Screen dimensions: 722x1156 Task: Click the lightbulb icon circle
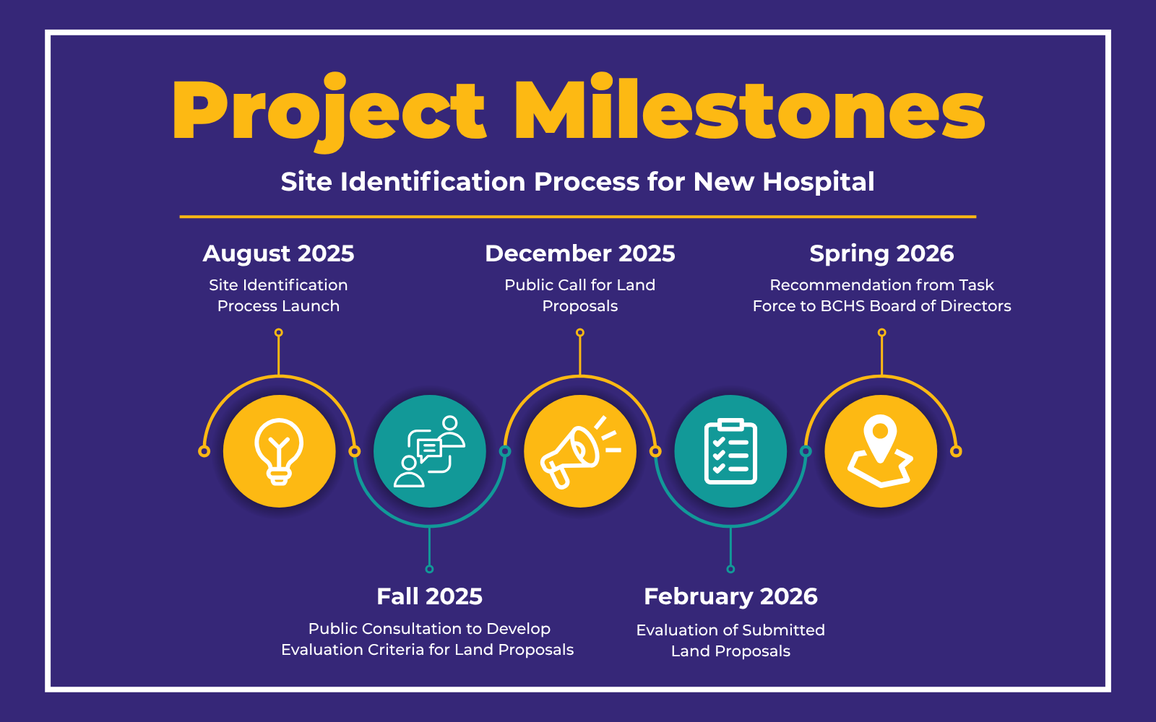(x=280, y=451)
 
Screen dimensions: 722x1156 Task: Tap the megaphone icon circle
(x=580, y=451)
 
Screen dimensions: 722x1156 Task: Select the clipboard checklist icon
(x=730, y=451)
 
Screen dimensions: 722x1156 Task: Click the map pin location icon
(x=881, y=451)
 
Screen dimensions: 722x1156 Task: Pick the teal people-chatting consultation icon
(x=430, y=451)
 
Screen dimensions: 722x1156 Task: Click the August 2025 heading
(x=278, y=253)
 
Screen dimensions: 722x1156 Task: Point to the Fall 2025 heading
(x=429, y=596)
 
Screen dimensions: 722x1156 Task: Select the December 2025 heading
(x=580, y=253)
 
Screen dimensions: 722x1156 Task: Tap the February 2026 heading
(x=730, y=596)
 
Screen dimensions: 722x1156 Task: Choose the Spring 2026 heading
(x=881, y=253)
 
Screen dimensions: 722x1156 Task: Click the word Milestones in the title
(x=749, y=110)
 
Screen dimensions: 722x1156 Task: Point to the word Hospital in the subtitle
(x=819, y=182)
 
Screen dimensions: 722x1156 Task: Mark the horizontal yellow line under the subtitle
(x=578, y=216)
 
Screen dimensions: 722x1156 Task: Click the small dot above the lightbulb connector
(x=279, y=333)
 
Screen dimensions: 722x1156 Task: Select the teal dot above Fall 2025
(x=430, y=569)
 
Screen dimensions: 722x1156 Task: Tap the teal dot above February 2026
(x=730, y=569)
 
